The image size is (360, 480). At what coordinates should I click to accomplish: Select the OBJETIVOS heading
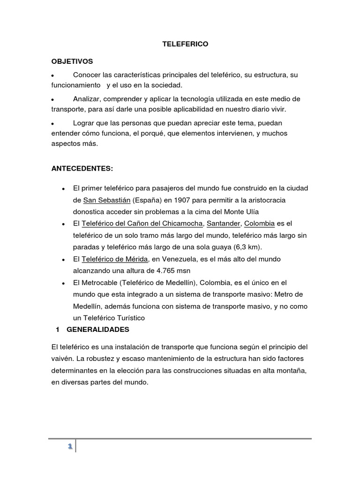pyautogui.click(x=72, y=61)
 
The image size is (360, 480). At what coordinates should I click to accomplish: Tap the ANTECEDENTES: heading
pyautogui.click(x=82, y=168)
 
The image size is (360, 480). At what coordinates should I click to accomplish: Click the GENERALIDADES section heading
pyautogui.click(x=97, y=330)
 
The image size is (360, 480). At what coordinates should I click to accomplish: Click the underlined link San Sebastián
pyautogui.click(x=106, y=200)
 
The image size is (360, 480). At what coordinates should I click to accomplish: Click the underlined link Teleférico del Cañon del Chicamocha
pyautogui.click(x=142, y=223)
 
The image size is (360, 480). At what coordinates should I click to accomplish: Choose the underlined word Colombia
pyautogui.click(x=260, y=223)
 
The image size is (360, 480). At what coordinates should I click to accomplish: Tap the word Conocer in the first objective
pyautogui.click(x=88, y=75)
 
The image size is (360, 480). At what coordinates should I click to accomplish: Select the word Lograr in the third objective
pyautogui.click(x=85, y=122)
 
